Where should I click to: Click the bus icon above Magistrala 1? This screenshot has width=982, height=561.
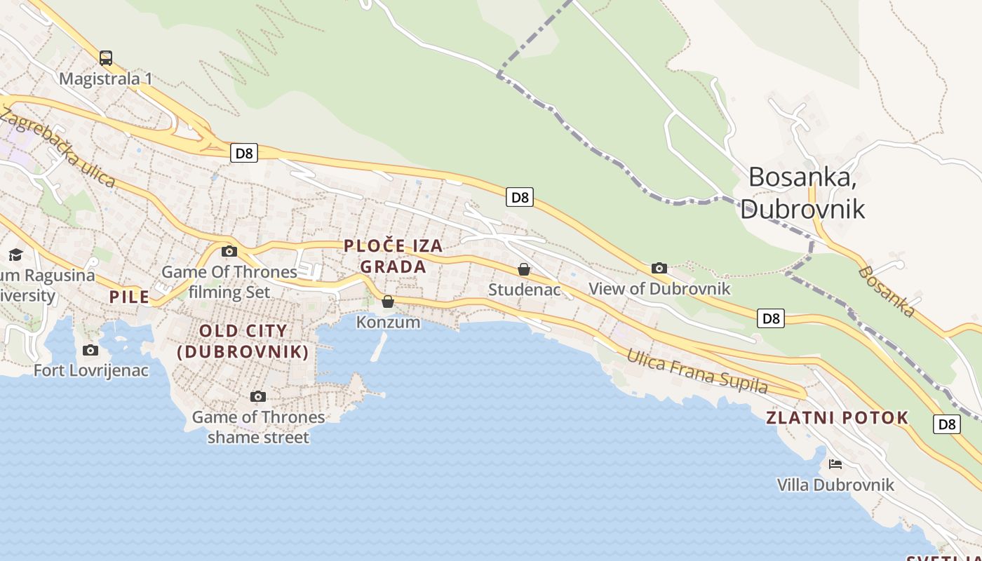[x=106, y=58]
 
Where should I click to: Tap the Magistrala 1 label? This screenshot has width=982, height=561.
[x=105, y=79]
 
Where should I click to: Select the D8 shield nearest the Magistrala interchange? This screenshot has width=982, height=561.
[x=243, y=153]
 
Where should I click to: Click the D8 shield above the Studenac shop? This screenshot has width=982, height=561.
[x=520, y=198]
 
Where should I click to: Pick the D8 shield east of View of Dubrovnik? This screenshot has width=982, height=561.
[x=771, y=318]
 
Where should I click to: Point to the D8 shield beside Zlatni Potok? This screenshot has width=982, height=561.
[x=947, y=424]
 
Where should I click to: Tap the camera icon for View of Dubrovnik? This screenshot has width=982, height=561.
[x=659, y=268]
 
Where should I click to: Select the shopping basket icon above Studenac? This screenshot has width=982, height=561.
[x=524, y=269]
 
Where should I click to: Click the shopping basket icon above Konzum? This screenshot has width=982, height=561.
[x=388, y=302]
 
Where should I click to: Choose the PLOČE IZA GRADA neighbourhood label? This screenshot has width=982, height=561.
[x=393, y=256]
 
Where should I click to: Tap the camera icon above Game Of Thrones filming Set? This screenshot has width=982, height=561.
[x=229, y=251]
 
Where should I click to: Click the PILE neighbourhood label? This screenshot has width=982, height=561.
[x=129, y=297]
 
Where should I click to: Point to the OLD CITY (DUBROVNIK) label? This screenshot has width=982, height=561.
[x=243, y=341]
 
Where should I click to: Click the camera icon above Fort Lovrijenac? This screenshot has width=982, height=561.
[x=90, y=350]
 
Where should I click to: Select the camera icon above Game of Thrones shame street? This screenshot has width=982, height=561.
[x=258, y=397]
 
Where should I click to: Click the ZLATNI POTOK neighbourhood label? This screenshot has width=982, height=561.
[x=837, y=418]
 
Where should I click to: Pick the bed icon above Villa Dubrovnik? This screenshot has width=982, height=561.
[x=835, y=464]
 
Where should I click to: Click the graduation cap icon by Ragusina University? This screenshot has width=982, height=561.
[x=15, y=254]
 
